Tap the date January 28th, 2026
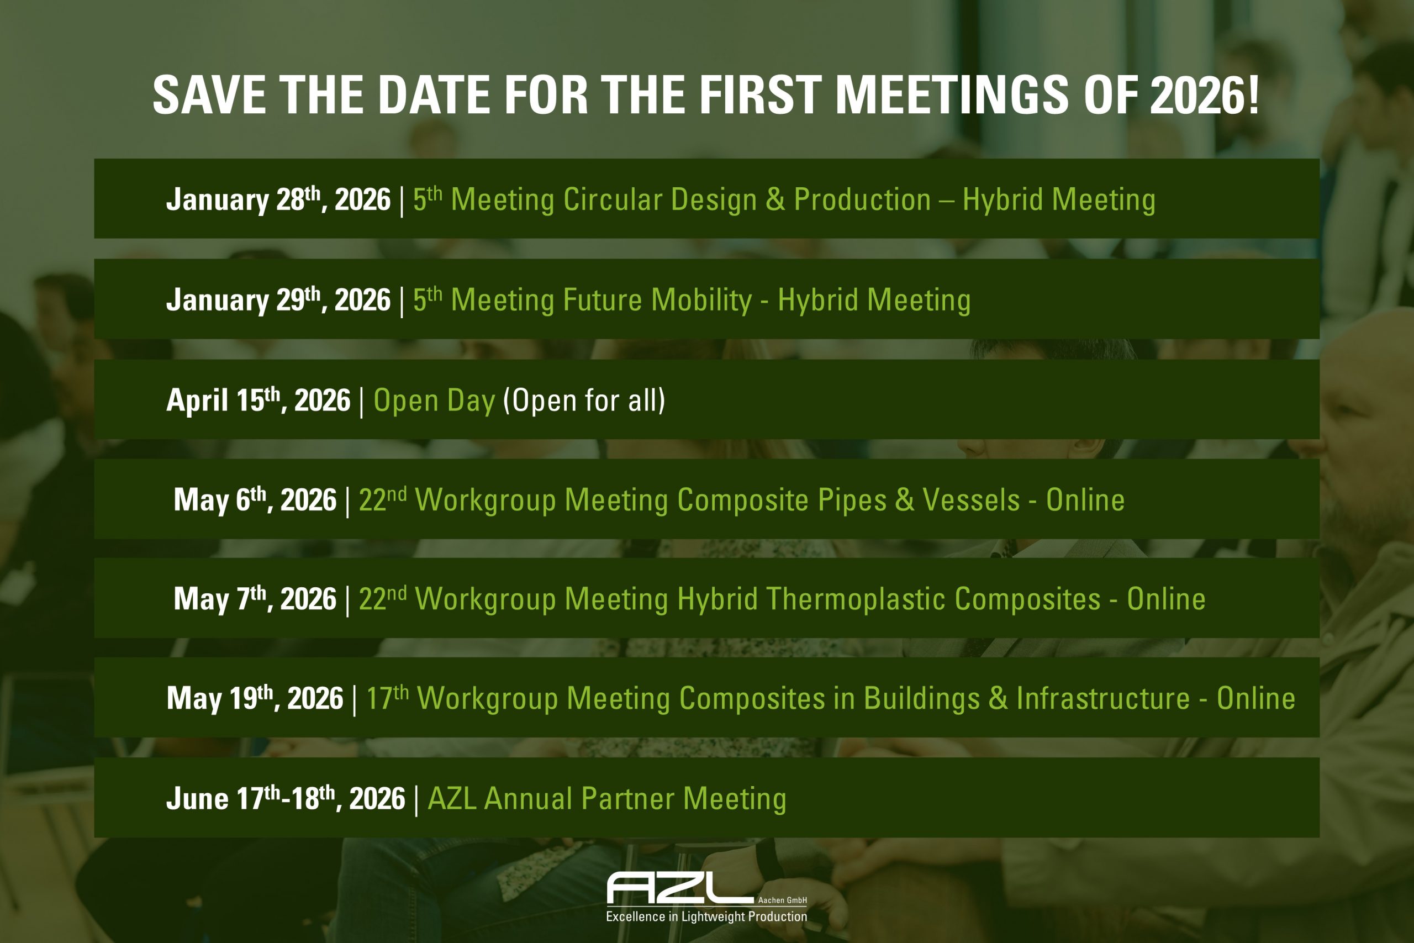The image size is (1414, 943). (278, 199)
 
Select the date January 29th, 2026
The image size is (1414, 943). (278, 300)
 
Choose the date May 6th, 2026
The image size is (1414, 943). (255, 500)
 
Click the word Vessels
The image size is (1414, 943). (971, 500)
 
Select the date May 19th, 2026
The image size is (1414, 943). (255, 698)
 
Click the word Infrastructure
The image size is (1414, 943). (1103, 698)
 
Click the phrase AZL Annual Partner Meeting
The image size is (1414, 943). (606, 799)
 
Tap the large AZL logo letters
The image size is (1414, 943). (680, 888)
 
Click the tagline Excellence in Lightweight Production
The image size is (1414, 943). (706, 916)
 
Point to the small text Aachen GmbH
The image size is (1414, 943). (782, 900)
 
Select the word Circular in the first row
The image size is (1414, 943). (613, 199)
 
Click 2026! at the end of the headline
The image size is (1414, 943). (1204, 95)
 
